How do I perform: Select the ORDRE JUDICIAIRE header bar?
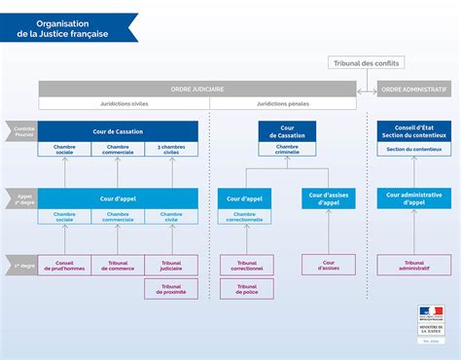point(197,89)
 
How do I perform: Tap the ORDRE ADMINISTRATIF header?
point(414,89)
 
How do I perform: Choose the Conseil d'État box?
point(414,131)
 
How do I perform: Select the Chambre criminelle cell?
point(286,151)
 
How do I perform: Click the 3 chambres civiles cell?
point(171,149)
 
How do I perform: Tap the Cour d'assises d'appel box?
point(329,198)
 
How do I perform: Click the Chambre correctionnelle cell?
point(246,217)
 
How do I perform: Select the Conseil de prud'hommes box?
point(65,265)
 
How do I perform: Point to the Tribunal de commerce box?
point(118,265)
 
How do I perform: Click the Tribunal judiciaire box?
point(171,265)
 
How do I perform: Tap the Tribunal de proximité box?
point(171,288)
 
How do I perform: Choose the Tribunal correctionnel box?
point(246,265)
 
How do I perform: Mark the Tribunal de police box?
point(246,288)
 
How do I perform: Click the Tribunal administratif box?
point(414,265)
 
